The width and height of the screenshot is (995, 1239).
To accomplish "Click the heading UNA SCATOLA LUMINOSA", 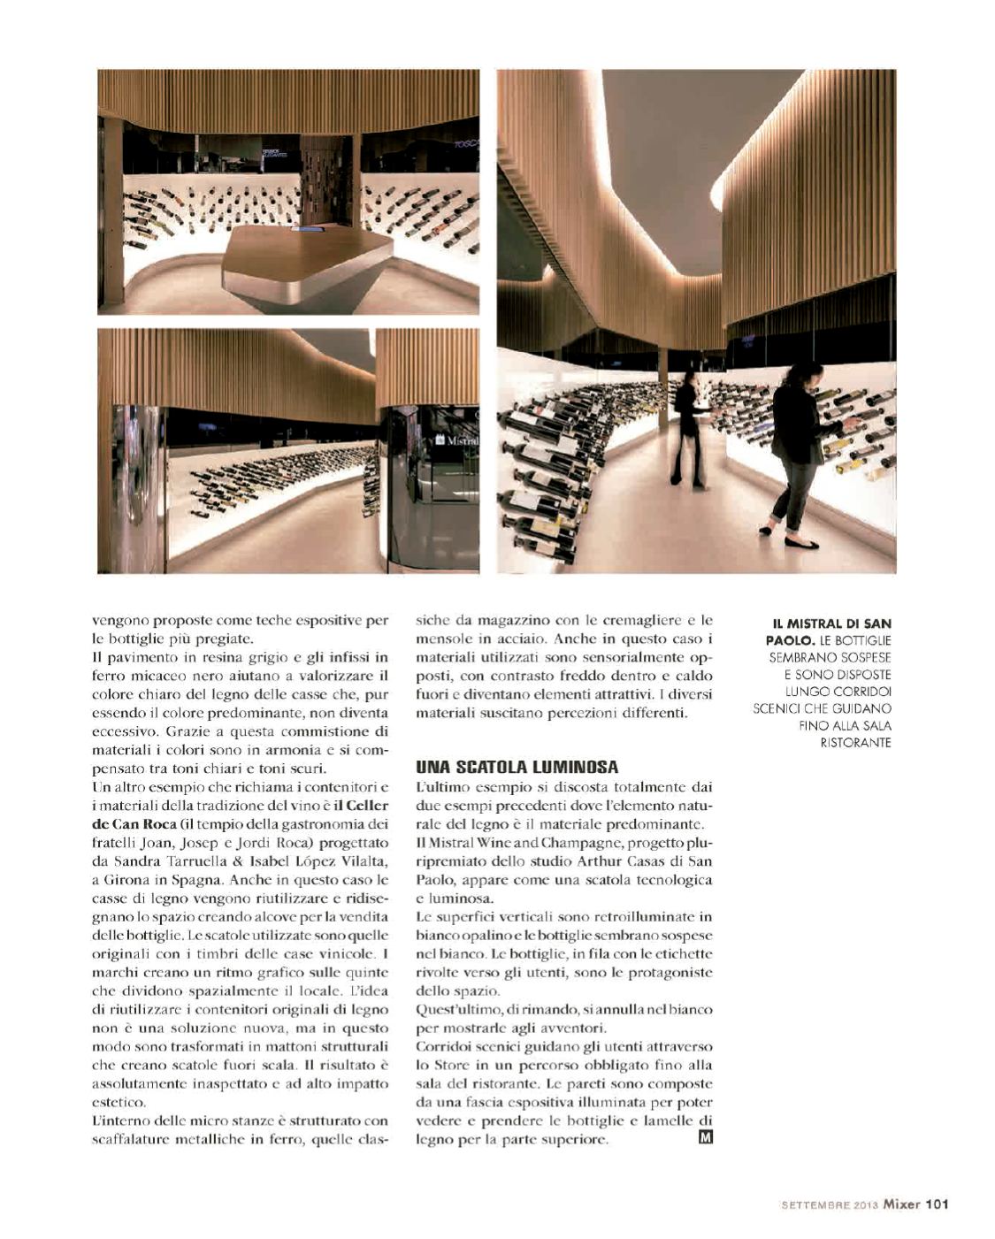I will click(x=517, y=767).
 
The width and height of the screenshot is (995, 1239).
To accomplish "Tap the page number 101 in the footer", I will click(x=937, y=1203).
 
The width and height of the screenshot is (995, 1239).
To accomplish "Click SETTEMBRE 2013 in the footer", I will click(x=829, y=1204).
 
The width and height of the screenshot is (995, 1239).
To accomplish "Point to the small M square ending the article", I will click(x=705, y=1137).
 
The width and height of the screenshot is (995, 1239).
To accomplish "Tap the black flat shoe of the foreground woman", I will click(x=800, y=543).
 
